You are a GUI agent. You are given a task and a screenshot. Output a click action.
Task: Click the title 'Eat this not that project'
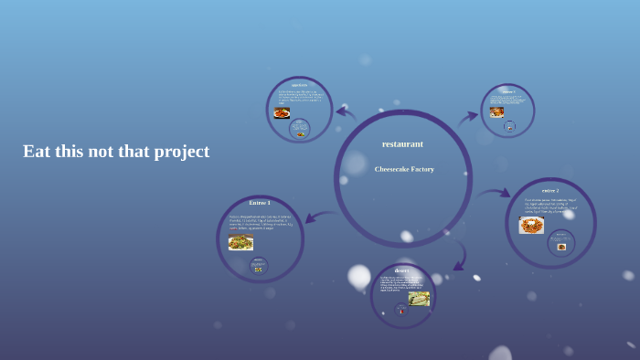coord(116,152)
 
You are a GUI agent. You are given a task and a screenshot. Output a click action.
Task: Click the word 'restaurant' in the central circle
coord(402,144)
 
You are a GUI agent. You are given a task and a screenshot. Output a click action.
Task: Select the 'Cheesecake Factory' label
coord(403,169)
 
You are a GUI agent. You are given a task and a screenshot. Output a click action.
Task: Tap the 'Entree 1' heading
coord(260,203)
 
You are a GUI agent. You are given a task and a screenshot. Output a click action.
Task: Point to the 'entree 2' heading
coord(549,190)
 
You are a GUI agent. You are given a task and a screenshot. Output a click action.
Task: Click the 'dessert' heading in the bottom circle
coord(402,270)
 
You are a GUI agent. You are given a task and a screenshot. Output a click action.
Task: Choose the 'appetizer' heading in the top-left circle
coord(299,85)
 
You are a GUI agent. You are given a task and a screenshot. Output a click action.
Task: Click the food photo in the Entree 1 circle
coord(241,242)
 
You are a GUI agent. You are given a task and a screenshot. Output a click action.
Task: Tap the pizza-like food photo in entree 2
coord(531,225)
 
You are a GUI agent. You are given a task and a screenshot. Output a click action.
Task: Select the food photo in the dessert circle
coord(419,298)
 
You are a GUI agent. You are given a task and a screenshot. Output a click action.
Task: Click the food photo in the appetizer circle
coord(282,113)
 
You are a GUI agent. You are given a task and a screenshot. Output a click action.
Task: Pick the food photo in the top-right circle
coord(496,112)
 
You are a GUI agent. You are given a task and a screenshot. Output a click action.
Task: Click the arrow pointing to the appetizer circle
coord(345,112)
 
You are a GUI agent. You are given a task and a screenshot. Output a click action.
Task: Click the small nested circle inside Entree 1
coord(258,267)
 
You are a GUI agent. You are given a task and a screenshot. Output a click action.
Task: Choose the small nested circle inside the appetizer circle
coord(299,129)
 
